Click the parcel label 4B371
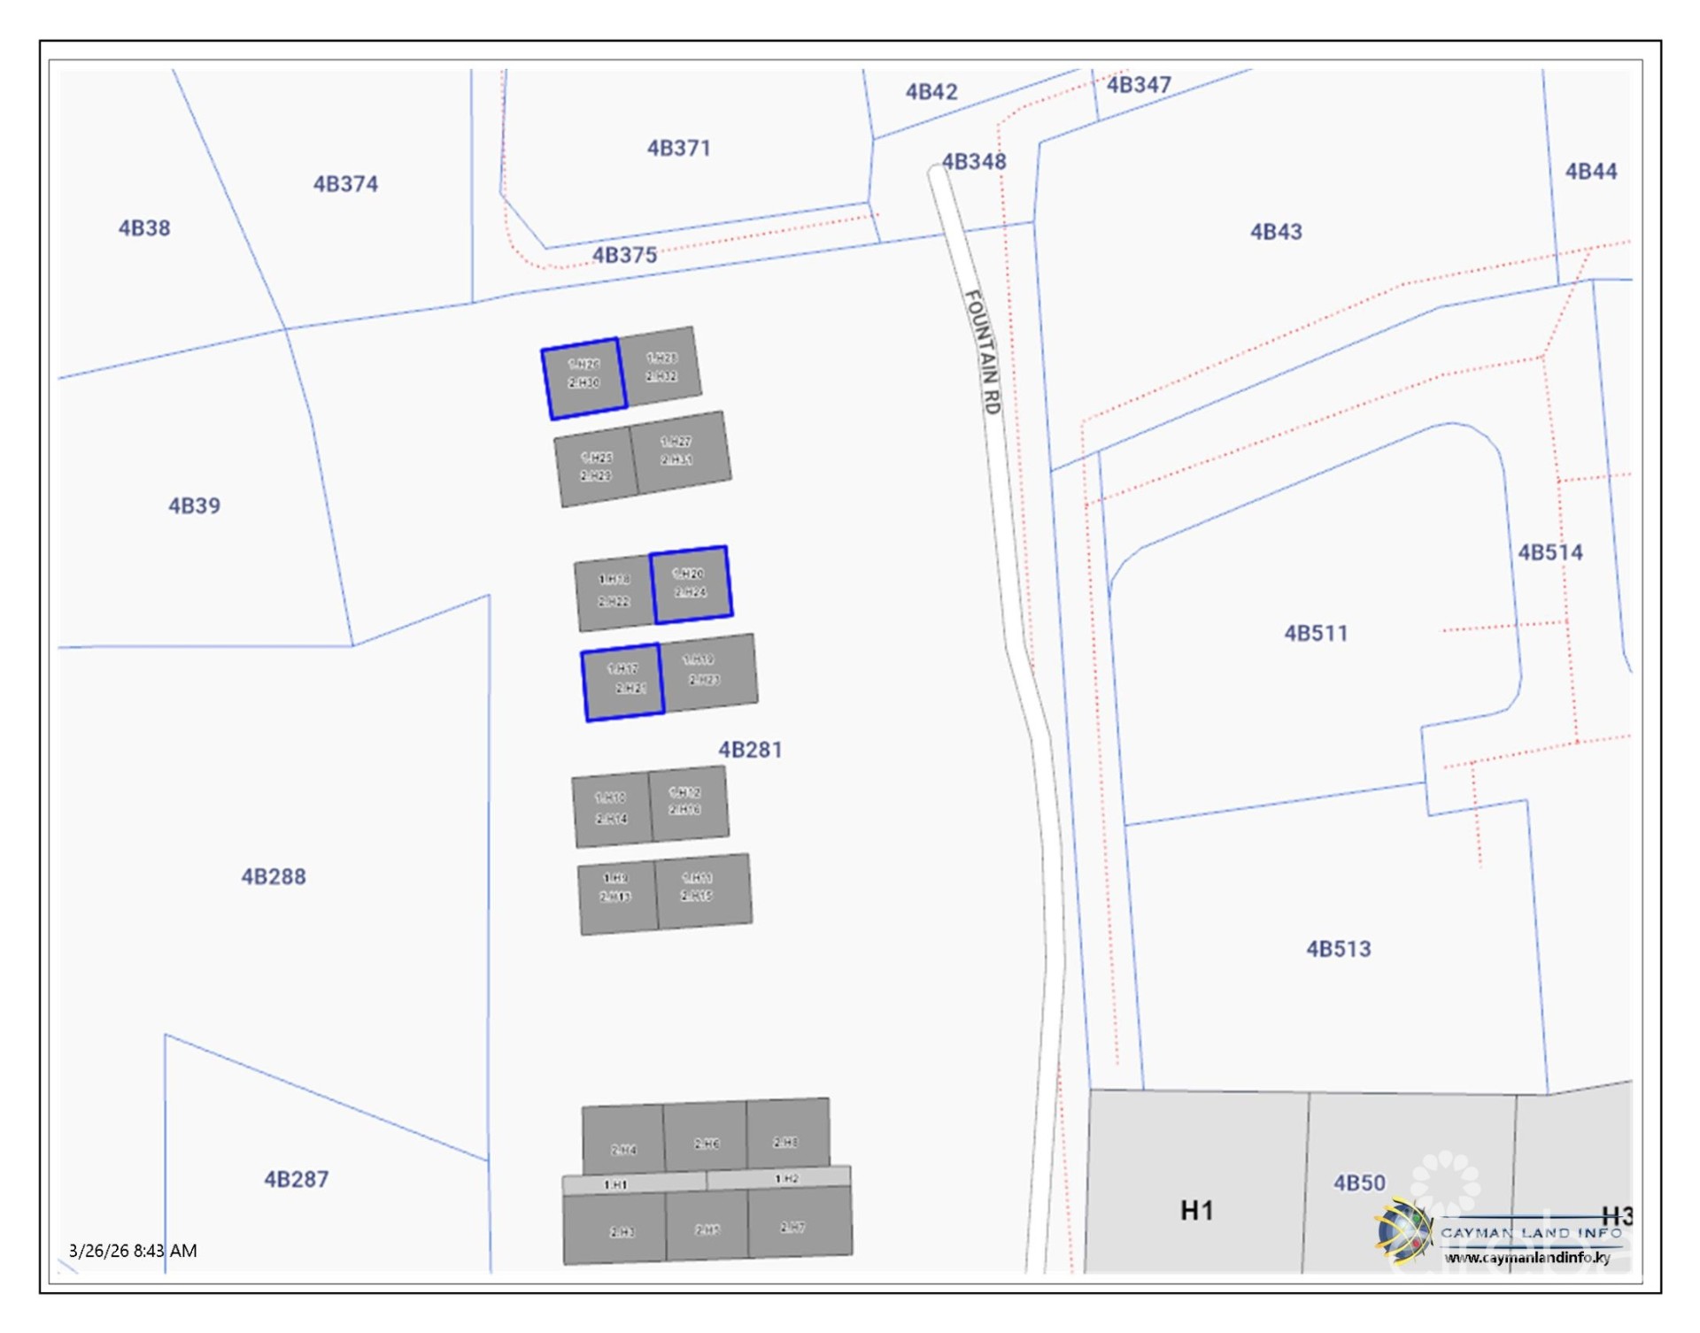click(x=678, y=148)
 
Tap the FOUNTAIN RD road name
click(x=982, y=351)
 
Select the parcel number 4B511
click(x=1316, y=633)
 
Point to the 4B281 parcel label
click(x=750, y=750)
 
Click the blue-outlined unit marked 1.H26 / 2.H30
click(x=584, y=378)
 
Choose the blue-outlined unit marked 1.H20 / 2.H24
click(x=691, y=583)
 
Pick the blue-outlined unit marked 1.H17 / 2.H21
click(x=623, y=681)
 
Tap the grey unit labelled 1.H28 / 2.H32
click(x=661, y=366)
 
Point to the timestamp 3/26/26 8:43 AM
click(x=133, y=1251)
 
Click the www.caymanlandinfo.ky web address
click(x=1527, y=1258)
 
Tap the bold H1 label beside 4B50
click(x=1196, y=1210)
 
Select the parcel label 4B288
click(x=274, y=876)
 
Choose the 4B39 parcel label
click(x=194, y=505)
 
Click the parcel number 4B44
click(x=1590, y=171)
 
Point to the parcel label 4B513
click(x=1338, y=949)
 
